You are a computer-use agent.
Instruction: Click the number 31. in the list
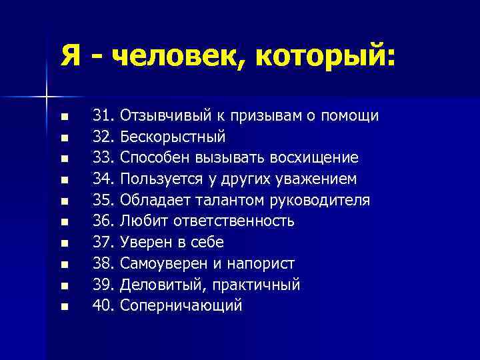tap(105, 116)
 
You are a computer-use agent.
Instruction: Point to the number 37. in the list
tap(105, 243)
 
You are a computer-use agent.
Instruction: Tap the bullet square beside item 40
tap(64, 307)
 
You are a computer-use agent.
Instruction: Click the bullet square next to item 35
tap(64, 201)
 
